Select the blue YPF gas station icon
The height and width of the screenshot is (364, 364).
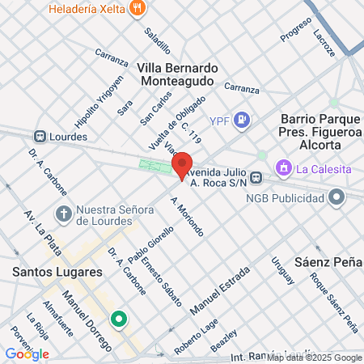(241, 121)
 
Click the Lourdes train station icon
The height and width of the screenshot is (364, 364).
(39, 137)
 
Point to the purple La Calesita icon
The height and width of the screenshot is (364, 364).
(283, 168)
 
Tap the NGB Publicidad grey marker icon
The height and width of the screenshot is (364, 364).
(336, 196)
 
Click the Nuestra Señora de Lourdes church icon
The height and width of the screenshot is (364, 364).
(63, 215)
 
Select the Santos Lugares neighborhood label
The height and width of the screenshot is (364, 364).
(57, 272)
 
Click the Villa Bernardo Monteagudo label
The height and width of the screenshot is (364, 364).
(176, 74)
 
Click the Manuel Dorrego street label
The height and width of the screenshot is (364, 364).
(87, 320)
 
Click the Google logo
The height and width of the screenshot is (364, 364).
(27, 353)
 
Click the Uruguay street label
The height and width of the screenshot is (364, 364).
(282, 272)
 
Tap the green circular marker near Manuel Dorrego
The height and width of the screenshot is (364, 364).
(119, 320)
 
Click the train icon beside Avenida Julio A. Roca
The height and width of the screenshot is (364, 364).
(256, 176)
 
